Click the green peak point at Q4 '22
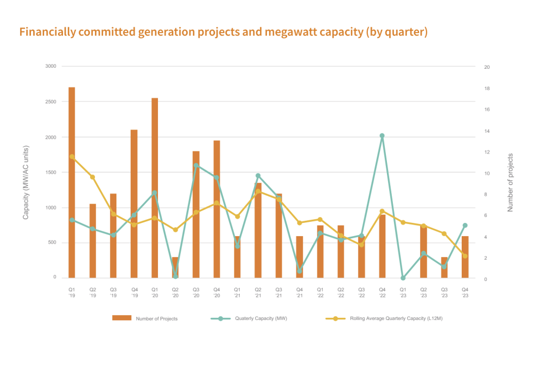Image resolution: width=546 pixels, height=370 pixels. [382, 135]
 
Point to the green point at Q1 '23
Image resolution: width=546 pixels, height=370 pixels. [403, 278]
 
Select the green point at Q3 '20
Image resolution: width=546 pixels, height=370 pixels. [196, 165]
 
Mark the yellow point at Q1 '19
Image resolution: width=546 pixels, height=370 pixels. [72, 157]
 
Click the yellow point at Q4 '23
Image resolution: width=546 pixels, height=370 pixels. [465, 256]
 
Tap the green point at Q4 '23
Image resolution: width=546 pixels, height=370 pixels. [465, 225]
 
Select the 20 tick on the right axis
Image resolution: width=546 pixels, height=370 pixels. [487, 67]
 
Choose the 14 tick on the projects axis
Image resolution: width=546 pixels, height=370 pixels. [487, 131]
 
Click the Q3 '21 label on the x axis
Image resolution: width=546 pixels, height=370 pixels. [279, 292]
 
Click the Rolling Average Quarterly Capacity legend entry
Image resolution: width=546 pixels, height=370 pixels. [384, 318]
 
